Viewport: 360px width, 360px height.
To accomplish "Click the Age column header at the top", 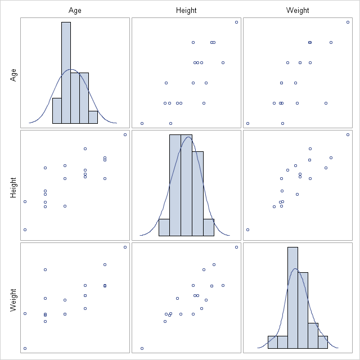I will coord(75,10).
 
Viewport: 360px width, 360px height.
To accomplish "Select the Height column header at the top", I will coord(186,10).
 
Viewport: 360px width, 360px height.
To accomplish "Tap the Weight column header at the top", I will coord(298,10).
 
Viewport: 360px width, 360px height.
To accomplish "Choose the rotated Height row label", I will coord(13,186).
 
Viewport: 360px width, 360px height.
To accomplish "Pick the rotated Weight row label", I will coord(13,297).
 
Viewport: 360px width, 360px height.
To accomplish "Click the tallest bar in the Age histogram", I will coord(66,73).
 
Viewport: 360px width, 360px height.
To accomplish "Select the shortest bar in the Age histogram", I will coord(93,117).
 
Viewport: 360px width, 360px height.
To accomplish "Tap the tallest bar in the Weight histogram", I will coord(292,298).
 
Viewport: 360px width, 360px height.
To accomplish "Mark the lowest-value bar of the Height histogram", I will coord(164,227).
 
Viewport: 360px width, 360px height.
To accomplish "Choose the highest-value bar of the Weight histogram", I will coord(323,342).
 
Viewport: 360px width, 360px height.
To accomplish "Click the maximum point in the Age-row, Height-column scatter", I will coord(236,22).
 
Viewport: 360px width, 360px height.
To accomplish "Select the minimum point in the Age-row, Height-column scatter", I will coord(142,123).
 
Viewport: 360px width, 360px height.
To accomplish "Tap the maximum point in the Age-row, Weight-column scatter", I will coord(348,22).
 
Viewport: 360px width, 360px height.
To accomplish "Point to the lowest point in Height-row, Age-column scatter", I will coord(25,229).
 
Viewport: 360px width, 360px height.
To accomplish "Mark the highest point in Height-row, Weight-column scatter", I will coord(348,134).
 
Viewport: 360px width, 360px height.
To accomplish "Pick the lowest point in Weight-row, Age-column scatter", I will coord(25,348).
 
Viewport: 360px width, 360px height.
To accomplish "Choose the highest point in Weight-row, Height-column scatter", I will coord(236,247).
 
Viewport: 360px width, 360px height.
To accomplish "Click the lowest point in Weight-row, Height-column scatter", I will coord(142,348).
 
